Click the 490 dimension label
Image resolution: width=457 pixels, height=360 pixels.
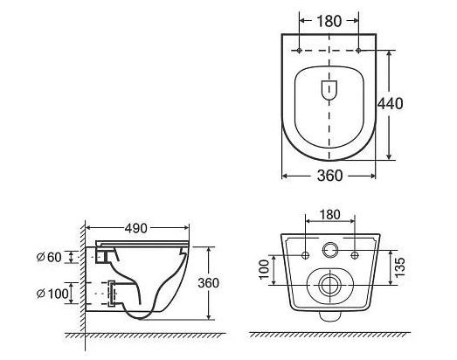pos(135,228)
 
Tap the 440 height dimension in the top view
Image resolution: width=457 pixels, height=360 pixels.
pos(391,103)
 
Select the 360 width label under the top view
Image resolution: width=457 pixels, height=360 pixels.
pos(329,176)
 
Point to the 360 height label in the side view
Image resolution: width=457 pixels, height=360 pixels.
pos(208,283)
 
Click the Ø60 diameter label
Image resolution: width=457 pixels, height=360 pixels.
pos(49,257)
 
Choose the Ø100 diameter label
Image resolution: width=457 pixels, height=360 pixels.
pos(52,294)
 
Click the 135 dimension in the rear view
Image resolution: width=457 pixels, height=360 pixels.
pos(400,267)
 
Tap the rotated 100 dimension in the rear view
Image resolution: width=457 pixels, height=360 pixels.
pos(265,270)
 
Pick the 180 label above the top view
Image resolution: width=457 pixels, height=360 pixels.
pos(329,21)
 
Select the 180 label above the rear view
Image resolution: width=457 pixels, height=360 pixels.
pos(330,215)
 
